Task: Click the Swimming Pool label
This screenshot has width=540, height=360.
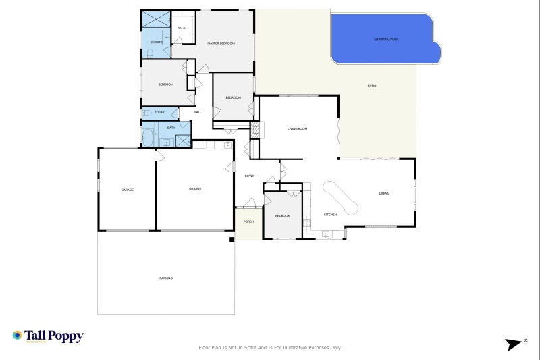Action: coord(386,39)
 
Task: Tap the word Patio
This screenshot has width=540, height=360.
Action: coord(372,86)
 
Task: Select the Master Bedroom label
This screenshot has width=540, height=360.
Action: coord(221,43)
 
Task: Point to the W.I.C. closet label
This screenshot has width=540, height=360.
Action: coord(182,28)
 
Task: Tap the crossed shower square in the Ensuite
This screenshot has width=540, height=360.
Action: coord(155,19)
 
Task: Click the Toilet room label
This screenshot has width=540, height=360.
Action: coord(159,112)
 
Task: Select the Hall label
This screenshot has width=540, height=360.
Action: coord(198,112)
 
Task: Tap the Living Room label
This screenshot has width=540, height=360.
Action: coord(297,128)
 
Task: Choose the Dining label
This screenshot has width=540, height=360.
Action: coord(384,194)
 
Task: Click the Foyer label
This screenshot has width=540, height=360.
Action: coord(249,176)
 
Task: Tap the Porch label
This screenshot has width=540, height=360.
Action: coord(248,221)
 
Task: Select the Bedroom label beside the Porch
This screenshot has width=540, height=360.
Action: coord(282,215)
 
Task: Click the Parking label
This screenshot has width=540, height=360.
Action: coord(166,278)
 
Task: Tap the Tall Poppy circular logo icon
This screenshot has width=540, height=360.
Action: coord(18,335)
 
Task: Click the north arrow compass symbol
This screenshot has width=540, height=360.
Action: coord(515,344)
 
